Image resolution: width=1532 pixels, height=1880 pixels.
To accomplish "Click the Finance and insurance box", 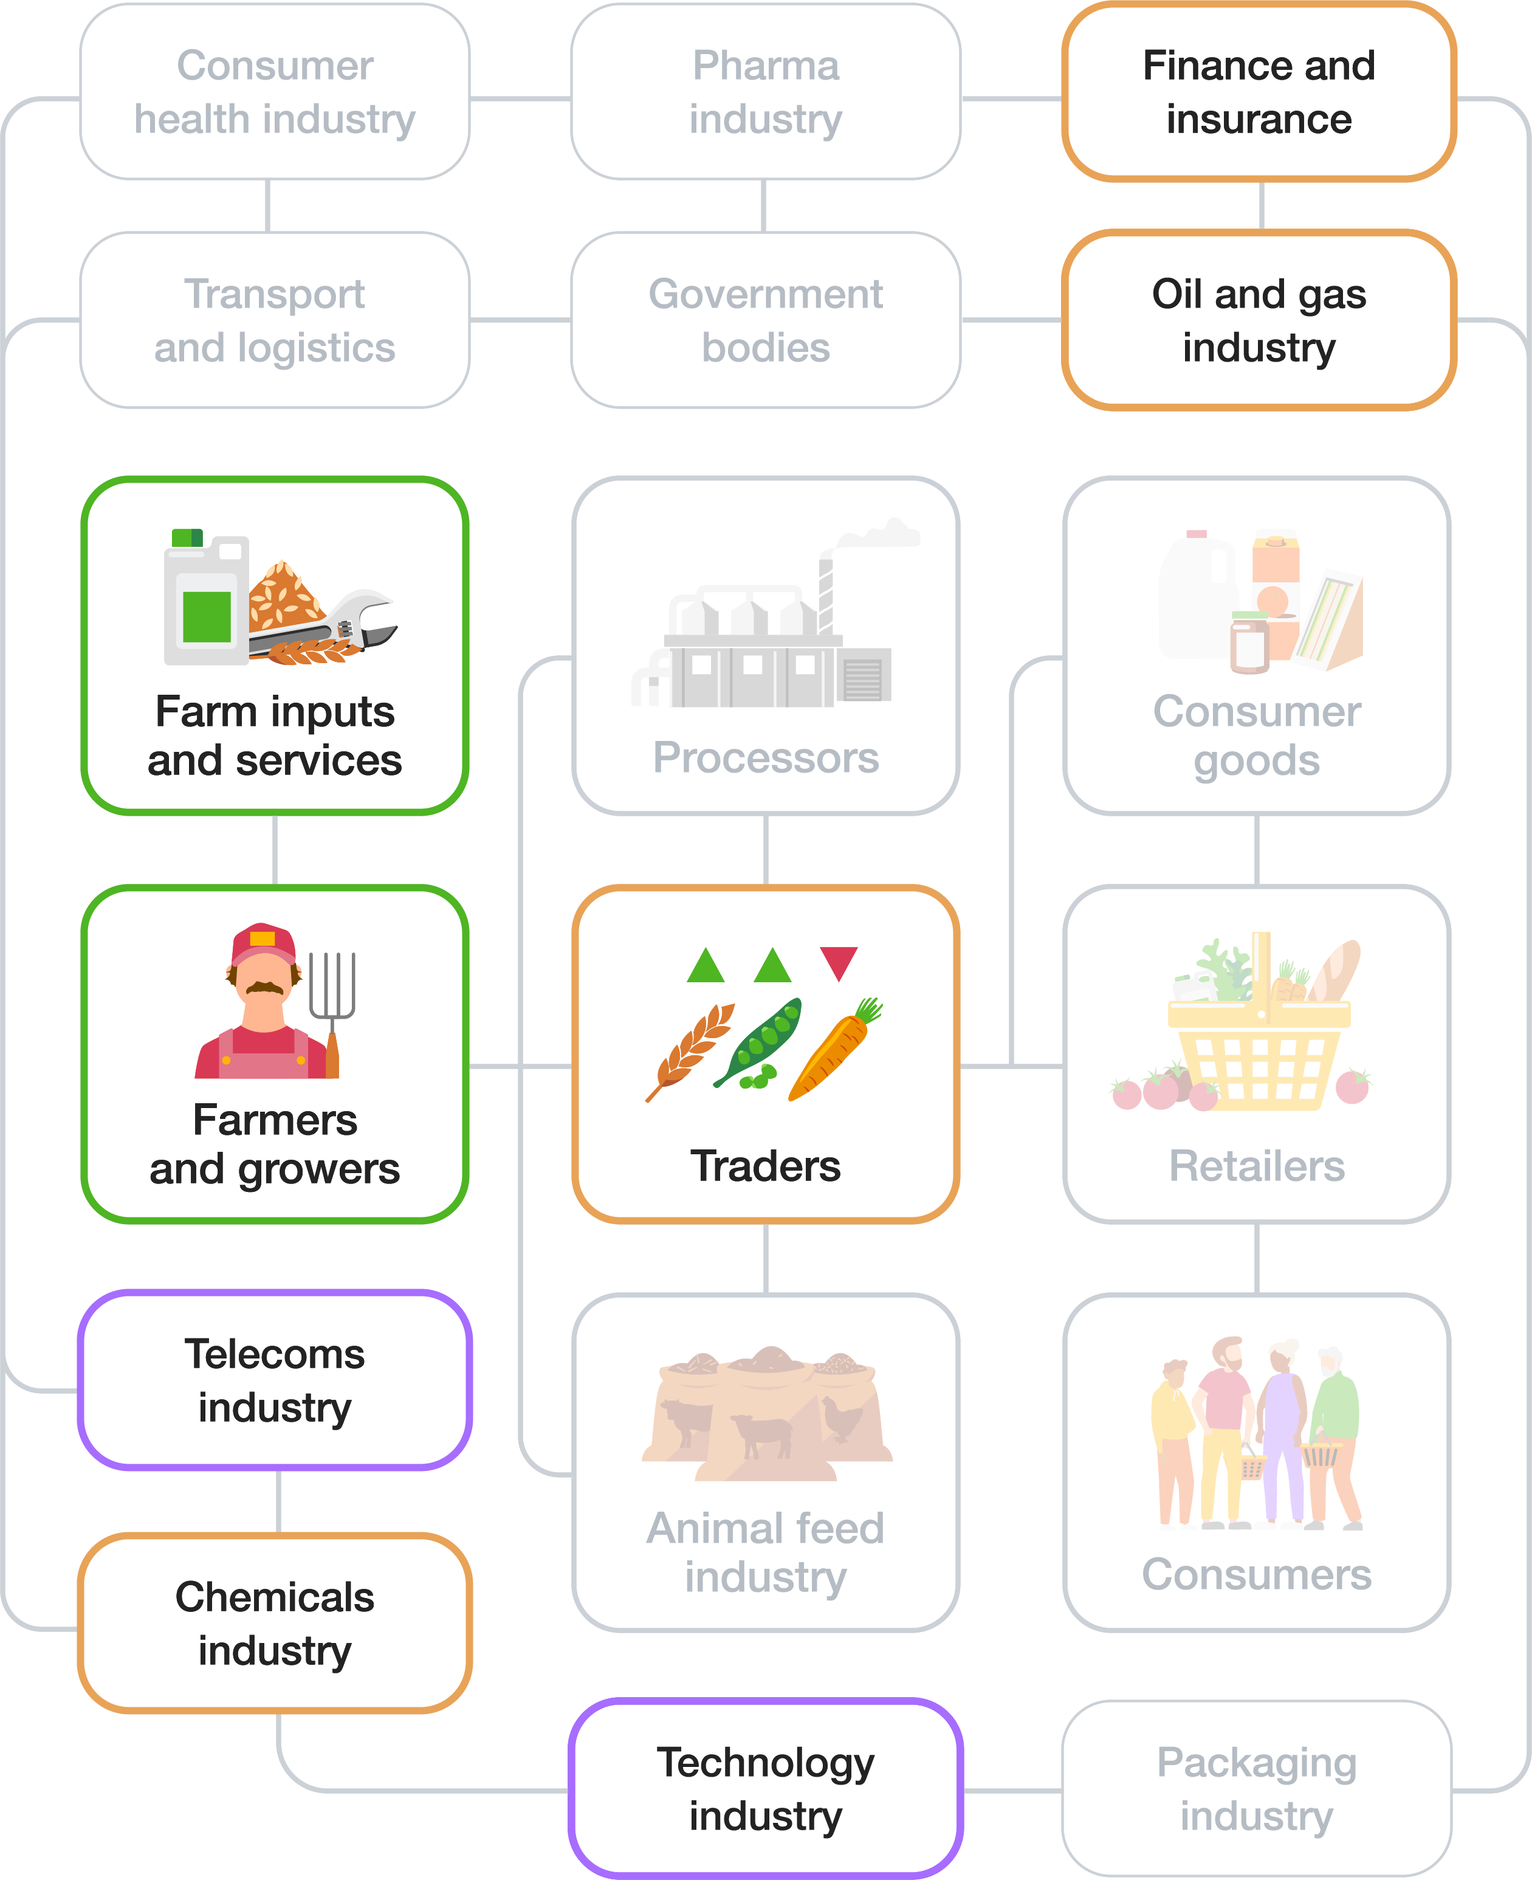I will click(1259, 92).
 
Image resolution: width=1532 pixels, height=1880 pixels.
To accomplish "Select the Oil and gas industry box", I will click(1259, 320).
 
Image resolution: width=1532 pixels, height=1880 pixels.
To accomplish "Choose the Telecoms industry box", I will click(275, 1380).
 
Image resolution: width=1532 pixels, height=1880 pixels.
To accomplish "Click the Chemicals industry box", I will click(275, 1623).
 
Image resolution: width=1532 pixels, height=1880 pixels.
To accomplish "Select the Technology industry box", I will click(765, 1788).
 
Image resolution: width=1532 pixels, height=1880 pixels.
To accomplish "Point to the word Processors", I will click(765, 757).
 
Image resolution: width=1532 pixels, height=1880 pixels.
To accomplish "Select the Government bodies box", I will click(765, 320).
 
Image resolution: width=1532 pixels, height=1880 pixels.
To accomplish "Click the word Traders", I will click(765, 1166).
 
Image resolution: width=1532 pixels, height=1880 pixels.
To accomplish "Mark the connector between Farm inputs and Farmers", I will click(275, 850).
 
